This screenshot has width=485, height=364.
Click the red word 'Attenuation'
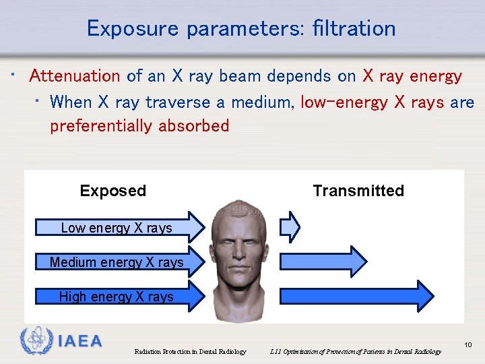tap(75, 76)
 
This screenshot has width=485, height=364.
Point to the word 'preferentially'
tap(102, 126)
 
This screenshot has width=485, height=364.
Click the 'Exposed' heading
tap(112, 191)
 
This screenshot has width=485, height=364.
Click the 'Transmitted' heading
tap(358, 191)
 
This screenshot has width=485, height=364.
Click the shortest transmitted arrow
tap(290, 226)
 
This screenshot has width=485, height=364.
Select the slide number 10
tap(468, 345)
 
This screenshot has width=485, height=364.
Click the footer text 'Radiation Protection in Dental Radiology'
tap(190, 351)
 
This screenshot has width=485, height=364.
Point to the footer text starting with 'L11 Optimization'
tap(355, 351)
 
